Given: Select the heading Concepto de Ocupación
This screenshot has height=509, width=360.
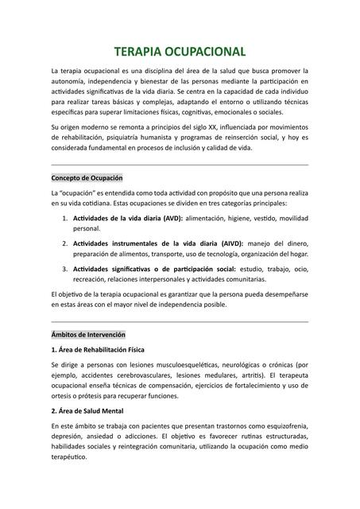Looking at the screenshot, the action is [87, 177].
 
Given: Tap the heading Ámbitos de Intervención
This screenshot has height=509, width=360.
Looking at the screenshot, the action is [88, 335].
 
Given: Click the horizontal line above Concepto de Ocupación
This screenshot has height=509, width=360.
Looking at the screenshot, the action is [180, 165].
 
